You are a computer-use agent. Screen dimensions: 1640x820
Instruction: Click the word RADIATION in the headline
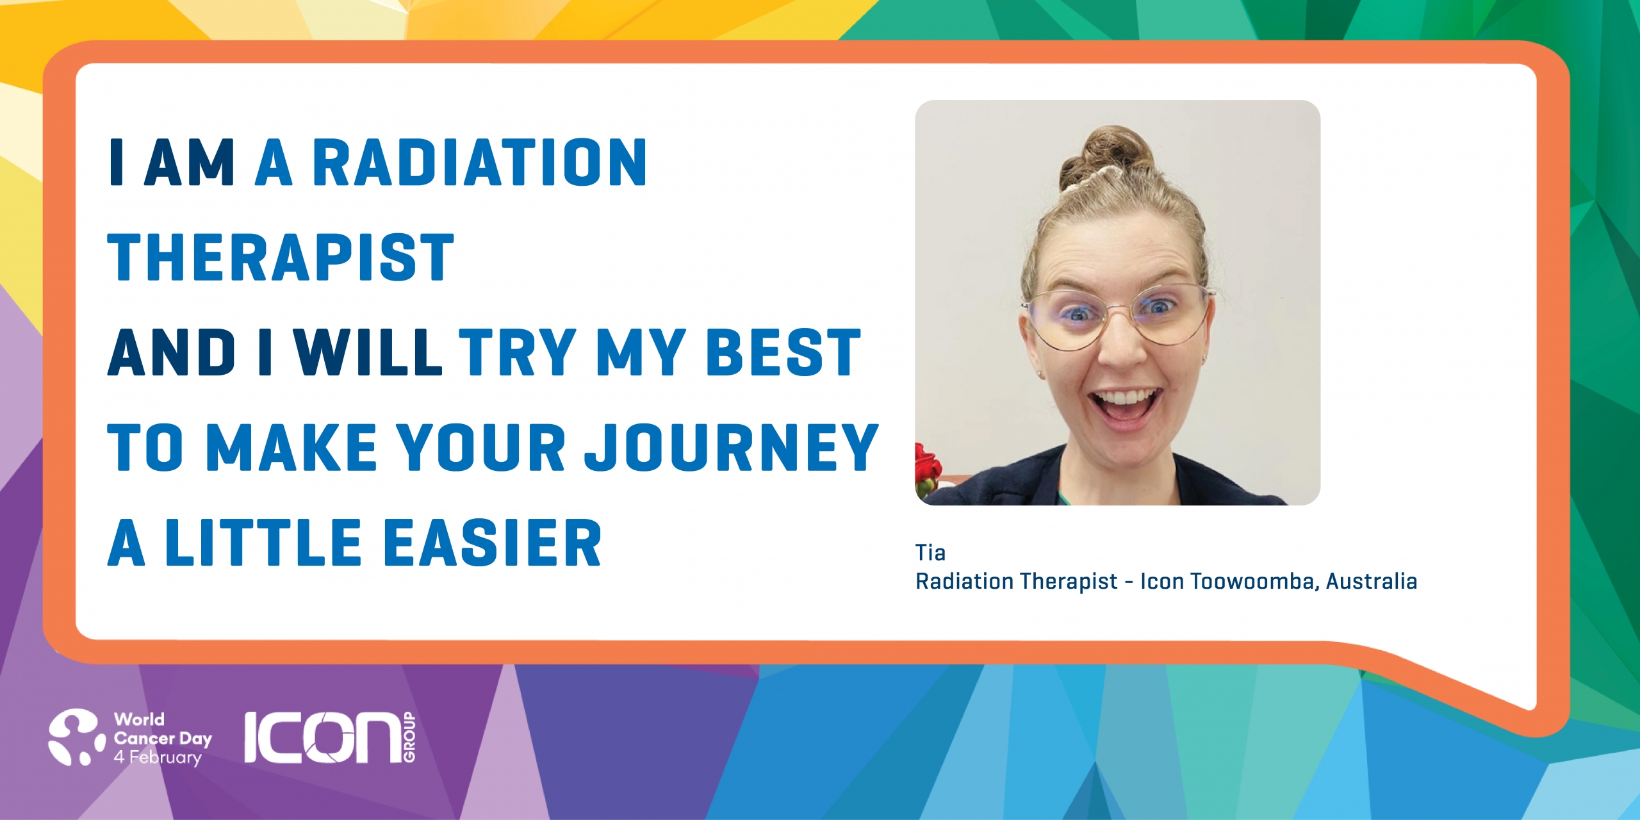tap(479, 163)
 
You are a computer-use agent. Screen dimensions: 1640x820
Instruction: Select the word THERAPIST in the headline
tap(281, 258)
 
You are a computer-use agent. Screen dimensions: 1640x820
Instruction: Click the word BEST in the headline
tap(783, 352)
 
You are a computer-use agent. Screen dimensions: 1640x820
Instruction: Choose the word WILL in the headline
tap(368, 352)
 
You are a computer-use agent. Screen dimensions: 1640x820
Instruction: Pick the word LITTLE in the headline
tap(264, 543)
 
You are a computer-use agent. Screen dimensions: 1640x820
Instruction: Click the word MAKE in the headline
tap(291, 448)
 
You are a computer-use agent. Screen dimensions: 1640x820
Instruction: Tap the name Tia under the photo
tap(930, 552)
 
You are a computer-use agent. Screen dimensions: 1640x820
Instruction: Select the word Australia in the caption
tap(1372, 581)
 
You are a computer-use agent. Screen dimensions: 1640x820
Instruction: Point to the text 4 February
tap(158, 757)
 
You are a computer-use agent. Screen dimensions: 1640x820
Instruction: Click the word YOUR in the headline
tap(481, 448)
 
